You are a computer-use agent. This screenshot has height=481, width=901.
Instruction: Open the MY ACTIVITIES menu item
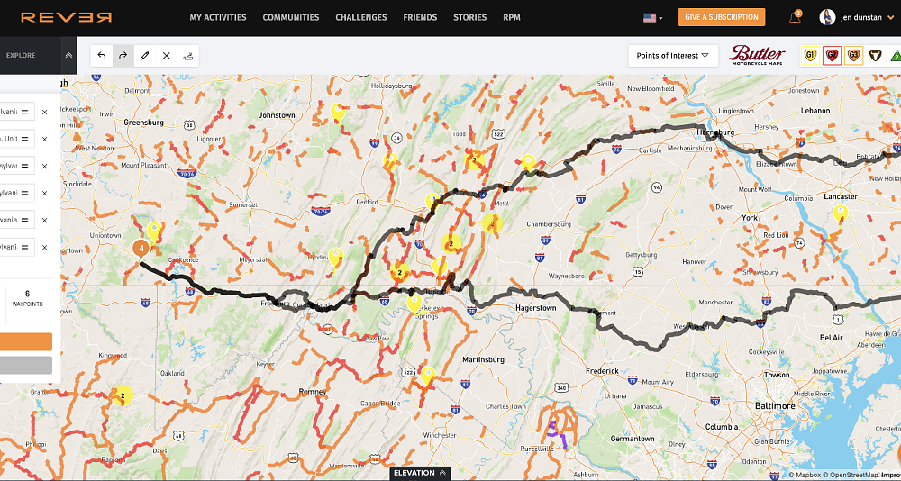(218, 17)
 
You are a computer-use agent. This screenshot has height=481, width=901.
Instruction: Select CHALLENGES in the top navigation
(360, 17)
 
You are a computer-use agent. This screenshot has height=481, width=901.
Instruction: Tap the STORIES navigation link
(469, 17)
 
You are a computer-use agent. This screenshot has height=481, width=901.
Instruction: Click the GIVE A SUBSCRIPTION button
(722, 17)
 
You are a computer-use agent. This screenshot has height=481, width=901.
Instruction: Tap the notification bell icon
(795, 17)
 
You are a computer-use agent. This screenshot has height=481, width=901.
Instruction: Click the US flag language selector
(651, 17)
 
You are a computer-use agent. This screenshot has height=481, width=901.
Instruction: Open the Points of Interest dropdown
(672, 56)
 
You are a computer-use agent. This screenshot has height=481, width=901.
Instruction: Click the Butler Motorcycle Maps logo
(758, 55)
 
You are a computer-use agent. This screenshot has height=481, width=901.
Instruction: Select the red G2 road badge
(832, 56)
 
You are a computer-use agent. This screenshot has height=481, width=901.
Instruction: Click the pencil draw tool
(144, 56)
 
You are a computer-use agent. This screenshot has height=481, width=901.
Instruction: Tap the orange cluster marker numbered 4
(141, 248)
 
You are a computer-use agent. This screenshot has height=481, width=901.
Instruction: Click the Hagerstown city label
(536, 307)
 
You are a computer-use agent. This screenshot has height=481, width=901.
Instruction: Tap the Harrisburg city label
(717, 132)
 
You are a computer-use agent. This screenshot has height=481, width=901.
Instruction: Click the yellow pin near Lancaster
(841, 213)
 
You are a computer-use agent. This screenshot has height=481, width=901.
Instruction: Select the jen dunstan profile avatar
(827, 17)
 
